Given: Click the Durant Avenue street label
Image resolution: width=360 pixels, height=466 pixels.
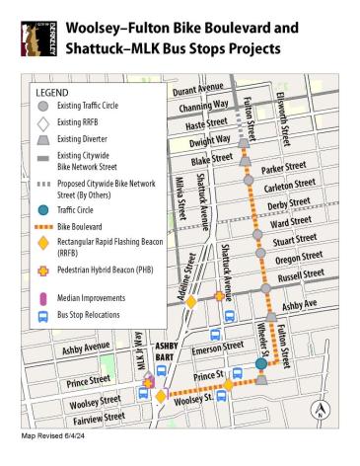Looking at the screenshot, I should pos(198,92).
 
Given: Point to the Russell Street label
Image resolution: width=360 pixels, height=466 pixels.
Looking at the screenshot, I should pos(300,276).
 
